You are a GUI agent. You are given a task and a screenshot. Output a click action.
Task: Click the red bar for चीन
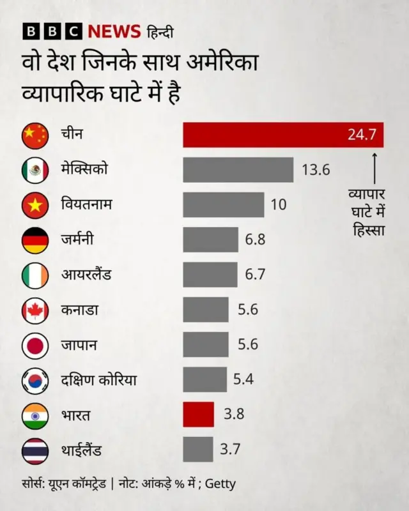282,135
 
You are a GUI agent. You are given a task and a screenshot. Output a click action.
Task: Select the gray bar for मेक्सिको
238,170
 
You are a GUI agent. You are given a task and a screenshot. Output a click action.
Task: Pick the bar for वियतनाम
223,204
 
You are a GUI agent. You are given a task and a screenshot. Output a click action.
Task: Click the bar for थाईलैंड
197,450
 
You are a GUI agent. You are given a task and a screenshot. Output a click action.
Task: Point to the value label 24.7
362,135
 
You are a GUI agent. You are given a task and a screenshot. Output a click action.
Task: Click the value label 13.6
315,170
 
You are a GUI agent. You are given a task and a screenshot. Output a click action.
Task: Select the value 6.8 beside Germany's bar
255,240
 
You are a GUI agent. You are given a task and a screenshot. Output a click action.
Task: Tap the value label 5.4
243,379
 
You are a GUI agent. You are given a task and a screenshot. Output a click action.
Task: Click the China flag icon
35,135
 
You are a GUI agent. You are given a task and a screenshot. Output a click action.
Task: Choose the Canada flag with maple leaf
35,310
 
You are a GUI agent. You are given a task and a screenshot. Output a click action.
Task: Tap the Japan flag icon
35,346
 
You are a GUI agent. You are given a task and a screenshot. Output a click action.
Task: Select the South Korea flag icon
35,381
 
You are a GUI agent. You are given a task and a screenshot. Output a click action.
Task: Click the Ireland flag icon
35,275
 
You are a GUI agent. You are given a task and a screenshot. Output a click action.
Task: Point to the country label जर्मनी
79,240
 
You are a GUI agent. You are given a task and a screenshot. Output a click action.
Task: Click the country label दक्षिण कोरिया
98,381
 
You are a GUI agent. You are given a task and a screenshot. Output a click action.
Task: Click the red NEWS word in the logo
113,31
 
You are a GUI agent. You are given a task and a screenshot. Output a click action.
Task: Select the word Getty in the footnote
220,484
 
